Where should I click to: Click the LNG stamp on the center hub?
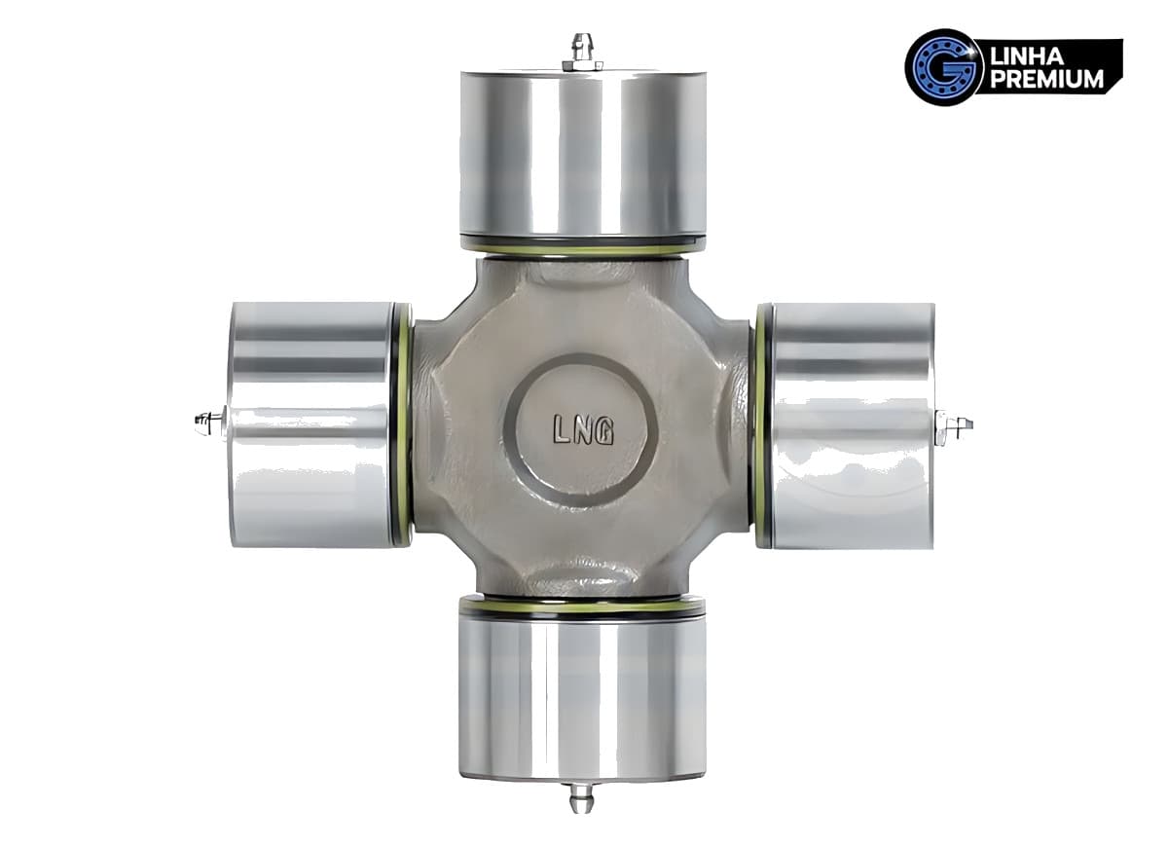(583, 430)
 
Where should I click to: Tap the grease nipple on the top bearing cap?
(583, 53)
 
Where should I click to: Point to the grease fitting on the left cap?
(210, 422)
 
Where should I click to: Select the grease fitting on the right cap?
(954, 427)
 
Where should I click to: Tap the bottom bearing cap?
(582, 694)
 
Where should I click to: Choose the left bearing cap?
(311, 424)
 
